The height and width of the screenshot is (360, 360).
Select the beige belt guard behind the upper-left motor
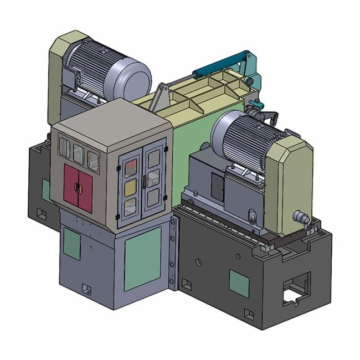pyautogui.click(x=57, y=66)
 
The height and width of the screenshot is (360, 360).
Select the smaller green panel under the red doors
pyautogui.click(x=71, y=244)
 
